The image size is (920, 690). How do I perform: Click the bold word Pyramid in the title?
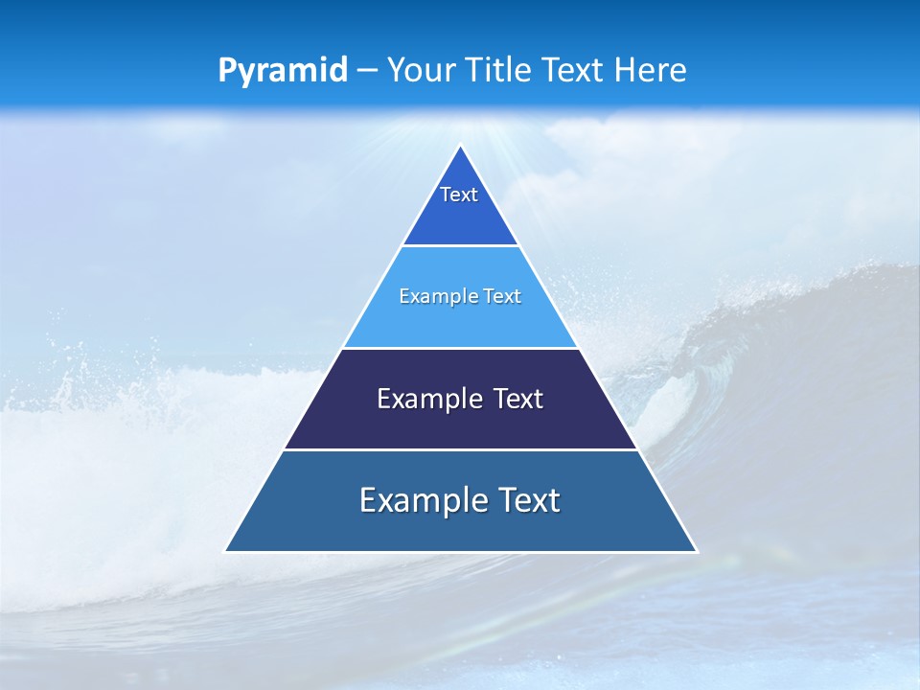283,71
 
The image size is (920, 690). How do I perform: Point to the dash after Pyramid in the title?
367,71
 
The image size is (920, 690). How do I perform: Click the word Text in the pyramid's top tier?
459,195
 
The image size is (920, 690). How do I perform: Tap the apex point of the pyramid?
461,147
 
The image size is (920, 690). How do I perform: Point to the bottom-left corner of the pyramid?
226,551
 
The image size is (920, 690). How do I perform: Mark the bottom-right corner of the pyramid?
696,551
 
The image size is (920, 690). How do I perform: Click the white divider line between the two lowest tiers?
460,449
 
